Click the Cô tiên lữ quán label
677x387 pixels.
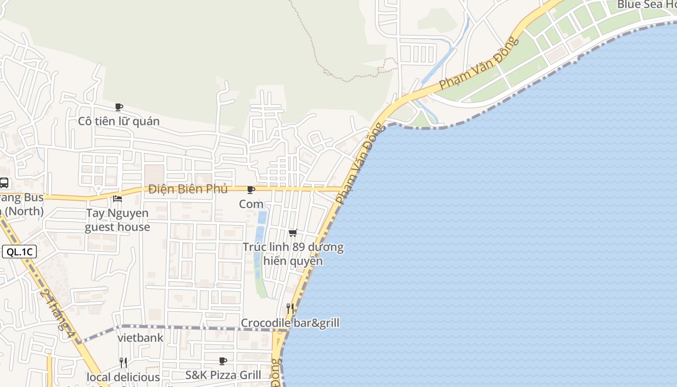point(119,121)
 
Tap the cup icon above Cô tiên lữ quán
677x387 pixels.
point(119,107)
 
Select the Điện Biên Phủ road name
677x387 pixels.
point(188,189)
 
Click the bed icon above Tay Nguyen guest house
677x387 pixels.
point(118,198)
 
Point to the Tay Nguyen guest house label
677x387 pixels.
point(118,220)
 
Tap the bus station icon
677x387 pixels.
point(4,183)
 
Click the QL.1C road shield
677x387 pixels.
point(19,252)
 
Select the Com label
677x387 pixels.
point(251,204)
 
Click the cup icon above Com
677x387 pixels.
point(250,190)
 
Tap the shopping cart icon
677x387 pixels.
point(293,233)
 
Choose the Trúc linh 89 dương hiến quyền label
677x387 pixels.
point(293,254)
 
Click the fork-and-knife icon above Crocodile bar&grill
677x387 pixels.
point(290,308)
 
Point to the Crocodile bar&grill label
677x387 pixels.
point(290,323)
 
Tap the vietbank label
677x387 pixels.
point(141,338)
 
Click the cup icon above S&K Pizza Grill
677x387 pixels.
point(223,361)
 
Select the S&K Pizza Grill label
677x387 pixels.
point(223,375)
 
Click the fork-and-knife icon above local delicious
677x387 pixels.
point(123,362)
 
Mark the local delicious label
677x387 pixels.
point(123,377)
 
